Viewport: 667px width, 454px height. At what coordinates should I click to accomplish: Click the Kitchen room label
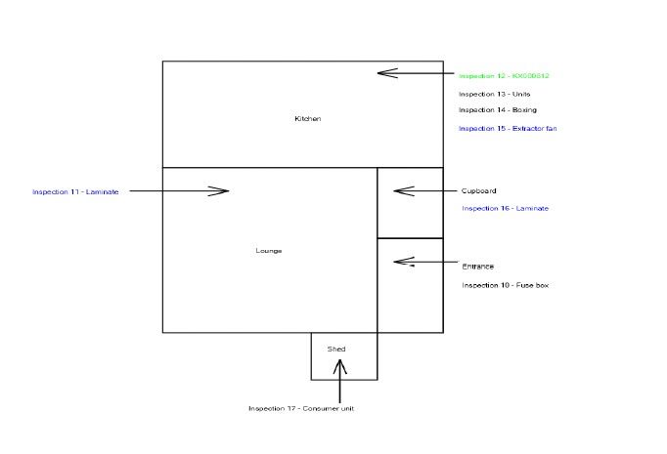(x=307, y=119)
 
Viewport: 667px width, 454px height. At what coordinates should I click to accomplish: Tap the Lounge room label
(x=268, y=251)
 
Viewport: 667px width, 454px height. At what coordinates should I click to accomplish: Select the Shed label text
(x=335, y=349)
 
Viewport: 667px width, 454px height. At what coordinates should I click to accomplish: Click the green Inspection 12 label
(x=504, y=75)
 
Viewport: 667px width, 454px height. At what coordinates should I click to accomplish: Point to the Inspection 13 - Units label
(x=494, y=94)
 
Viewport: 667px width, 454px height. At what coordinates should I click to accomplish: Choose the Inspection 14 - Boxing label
(x=497, y=110)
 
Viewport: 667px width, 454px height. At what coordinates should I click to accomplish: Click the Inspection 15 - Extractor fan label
(x=508, y=129)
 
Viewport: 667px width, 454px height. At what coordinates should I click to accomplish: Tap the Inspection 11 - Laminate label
(x=75, y=191)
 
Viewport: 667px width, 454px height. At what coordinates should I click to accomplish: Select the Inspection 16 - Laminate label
(x=505, y=208)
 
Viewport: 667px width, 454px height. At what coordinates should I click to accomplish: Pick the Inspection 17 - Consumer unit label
(x=300, y=408)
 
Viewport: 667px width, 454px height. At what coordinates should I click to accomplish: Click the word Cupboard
(x=478, y=190)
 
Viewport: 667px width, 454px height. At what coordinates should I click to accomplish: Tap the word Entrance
(x=477, y=266)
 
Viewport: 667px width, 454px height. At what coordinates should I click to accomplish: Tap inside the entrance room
(x=411, y=298)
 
